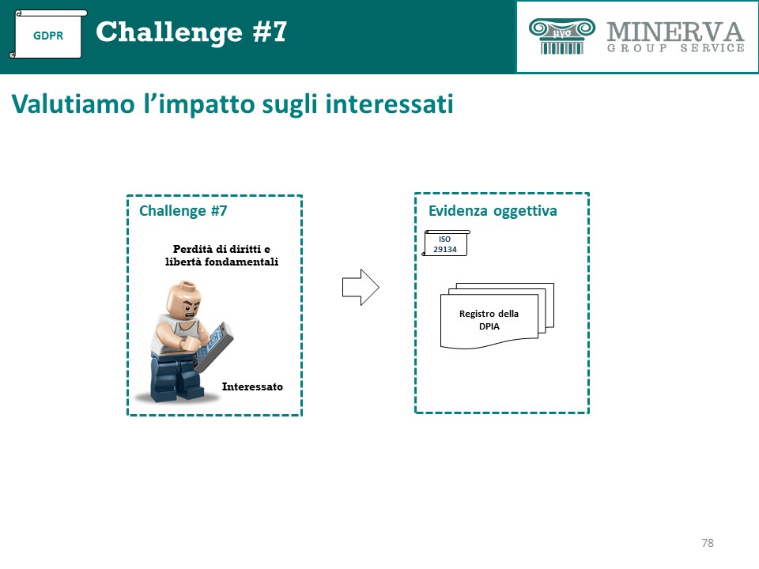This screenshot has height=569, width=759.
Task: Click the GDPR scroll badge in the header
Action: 48,34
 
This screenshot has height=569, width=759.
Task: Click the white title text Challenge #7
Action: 191,32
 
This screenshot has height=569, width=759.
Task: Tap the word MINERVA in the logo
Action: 675,32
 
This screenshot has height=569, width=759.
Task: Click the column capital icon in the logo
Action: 561,36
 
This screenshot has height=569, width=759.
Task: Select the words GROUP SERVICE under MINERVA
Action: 676,48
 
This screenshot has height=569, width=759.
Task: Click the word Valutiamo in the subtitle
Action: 73,104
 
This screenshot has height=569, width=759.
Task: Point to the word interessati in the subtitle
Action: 389,104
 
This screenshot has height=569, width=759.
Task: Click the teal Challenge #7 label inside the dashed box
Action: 183,211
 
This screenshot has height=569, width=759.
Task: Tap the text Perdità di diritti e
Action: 221,249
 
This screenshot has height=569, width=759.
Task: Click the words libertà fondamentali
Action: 221,262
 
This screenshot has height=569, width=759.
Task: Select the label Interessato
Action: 252,386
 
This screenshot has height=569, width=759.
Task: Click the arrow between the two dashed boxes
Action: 361,288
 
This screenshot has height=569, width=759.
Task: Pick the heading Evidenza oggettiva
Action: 493,211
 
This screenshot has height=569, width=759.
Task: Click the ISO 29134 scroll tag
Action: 445,243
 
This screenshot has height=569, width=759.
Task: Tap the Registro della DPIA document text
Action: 489,320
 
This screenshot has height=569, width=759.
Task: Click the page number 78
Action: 707,543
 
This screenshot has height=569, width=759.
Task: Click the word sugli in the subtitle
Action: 289,105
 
